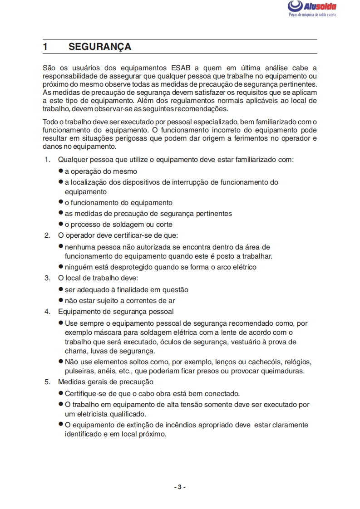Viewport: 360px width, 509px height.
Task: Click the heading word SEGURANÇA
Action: pyautogui.click(x=100, y=47)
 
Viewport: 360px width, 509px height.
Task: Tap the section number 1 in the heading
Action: pyautogui.click(x=45, y=47)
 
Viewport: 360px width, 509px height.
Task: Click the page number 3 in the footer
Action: pyautogui.click(x=180, y=487)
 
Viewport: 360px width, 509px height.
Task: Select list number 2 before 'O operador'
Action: pyautogui.click(x=47, y=235)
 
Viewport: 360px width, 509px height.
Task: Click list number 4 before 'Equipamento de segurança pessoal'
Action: pyautogui.click(x=47, y=312)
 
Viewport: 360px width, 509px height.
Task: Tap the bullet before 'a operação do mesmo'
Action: pyautogui.click(x=61, y=171)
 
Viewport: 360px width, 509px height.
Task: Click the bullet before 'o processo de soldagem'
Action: pyautogui.click(x=61, y=224)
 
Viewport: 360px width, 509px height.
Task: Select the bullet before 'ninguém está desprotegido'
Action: pyautogui.click(x=61, y=267)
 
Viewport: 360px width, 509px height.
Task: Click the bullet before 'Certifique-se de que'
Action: pyautogui.click(x=61, y=393)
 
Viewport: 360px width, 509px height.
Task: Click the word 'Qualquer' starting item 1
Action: pyautogui.click(x=73, y=160)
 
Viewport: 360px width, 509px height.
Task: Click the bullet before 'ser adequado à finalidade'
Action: pyautogui.click(x=61, y=289)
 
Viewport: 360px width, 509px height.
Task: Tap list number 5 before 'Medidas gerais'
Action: pyautogui.click(x=47, y=382)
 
